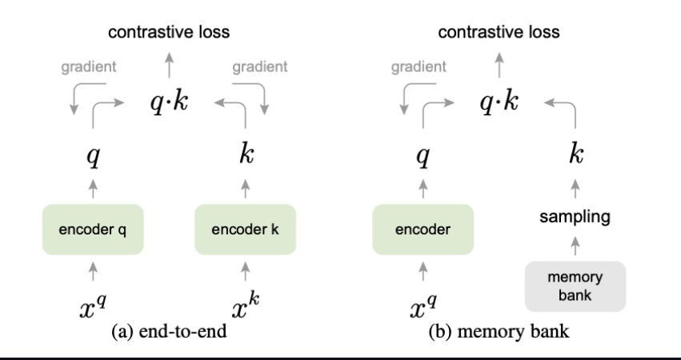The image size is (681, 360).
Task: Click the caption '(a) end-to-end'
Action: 168,332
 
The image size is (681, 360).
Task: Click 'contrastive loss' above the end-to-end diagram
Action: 169,33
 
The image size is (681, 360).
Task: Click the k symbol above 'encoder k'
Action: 246,155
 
